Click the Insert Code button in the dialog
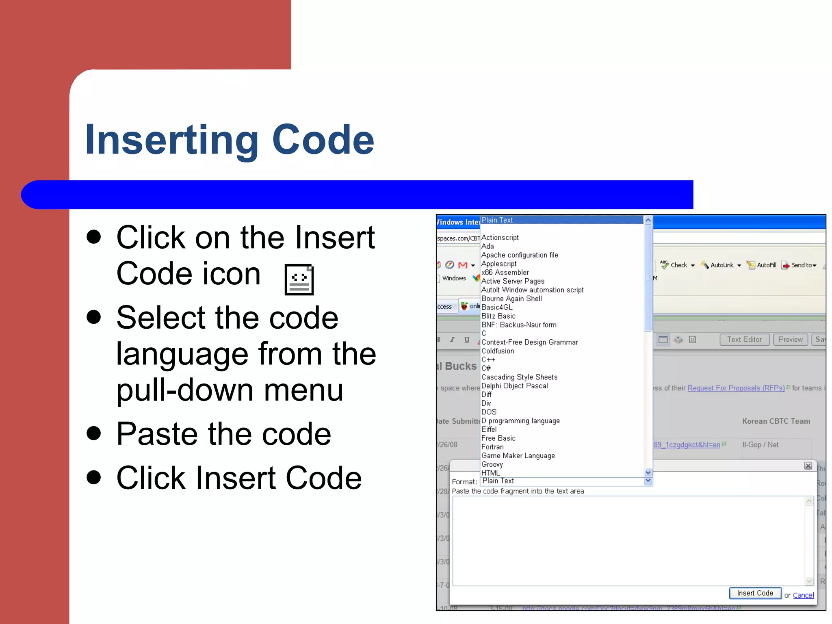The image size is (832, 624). coord(755,593)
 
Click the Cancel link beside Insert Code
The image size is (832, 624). coord(803,595)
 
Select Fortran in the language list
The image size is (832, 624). coord(492,447)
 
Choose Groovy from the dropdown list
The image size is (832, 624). coord(492,464)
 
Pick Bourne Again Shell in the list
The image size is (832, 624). coord(511,299)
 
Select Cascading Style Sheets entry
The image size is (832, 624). coord(519,377)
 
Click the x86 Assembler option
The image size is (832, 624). coord(505,273)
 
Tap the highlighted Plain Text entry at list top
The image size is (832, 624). coord(497,220)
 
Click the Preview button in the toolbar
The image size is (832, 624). coord(791,340)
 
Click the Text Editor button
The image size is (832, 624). coord(744,340)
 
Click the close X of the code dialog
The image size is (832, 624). coord(808,466)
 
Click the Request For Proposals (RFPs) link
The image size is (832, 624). coord(736,388)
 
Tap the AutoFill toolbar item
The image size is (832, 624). coord(762,265)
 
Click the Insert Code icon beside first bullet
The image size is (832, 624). coord(299,279)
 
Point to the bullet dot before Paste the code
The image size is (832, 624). coord(94,433)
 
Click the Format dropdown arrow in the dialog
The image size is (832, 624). coord(648,481)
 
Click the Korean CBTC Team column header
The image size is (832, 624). coord(776,421)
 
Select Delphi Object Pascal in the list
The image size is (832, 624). coord(514,386)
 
